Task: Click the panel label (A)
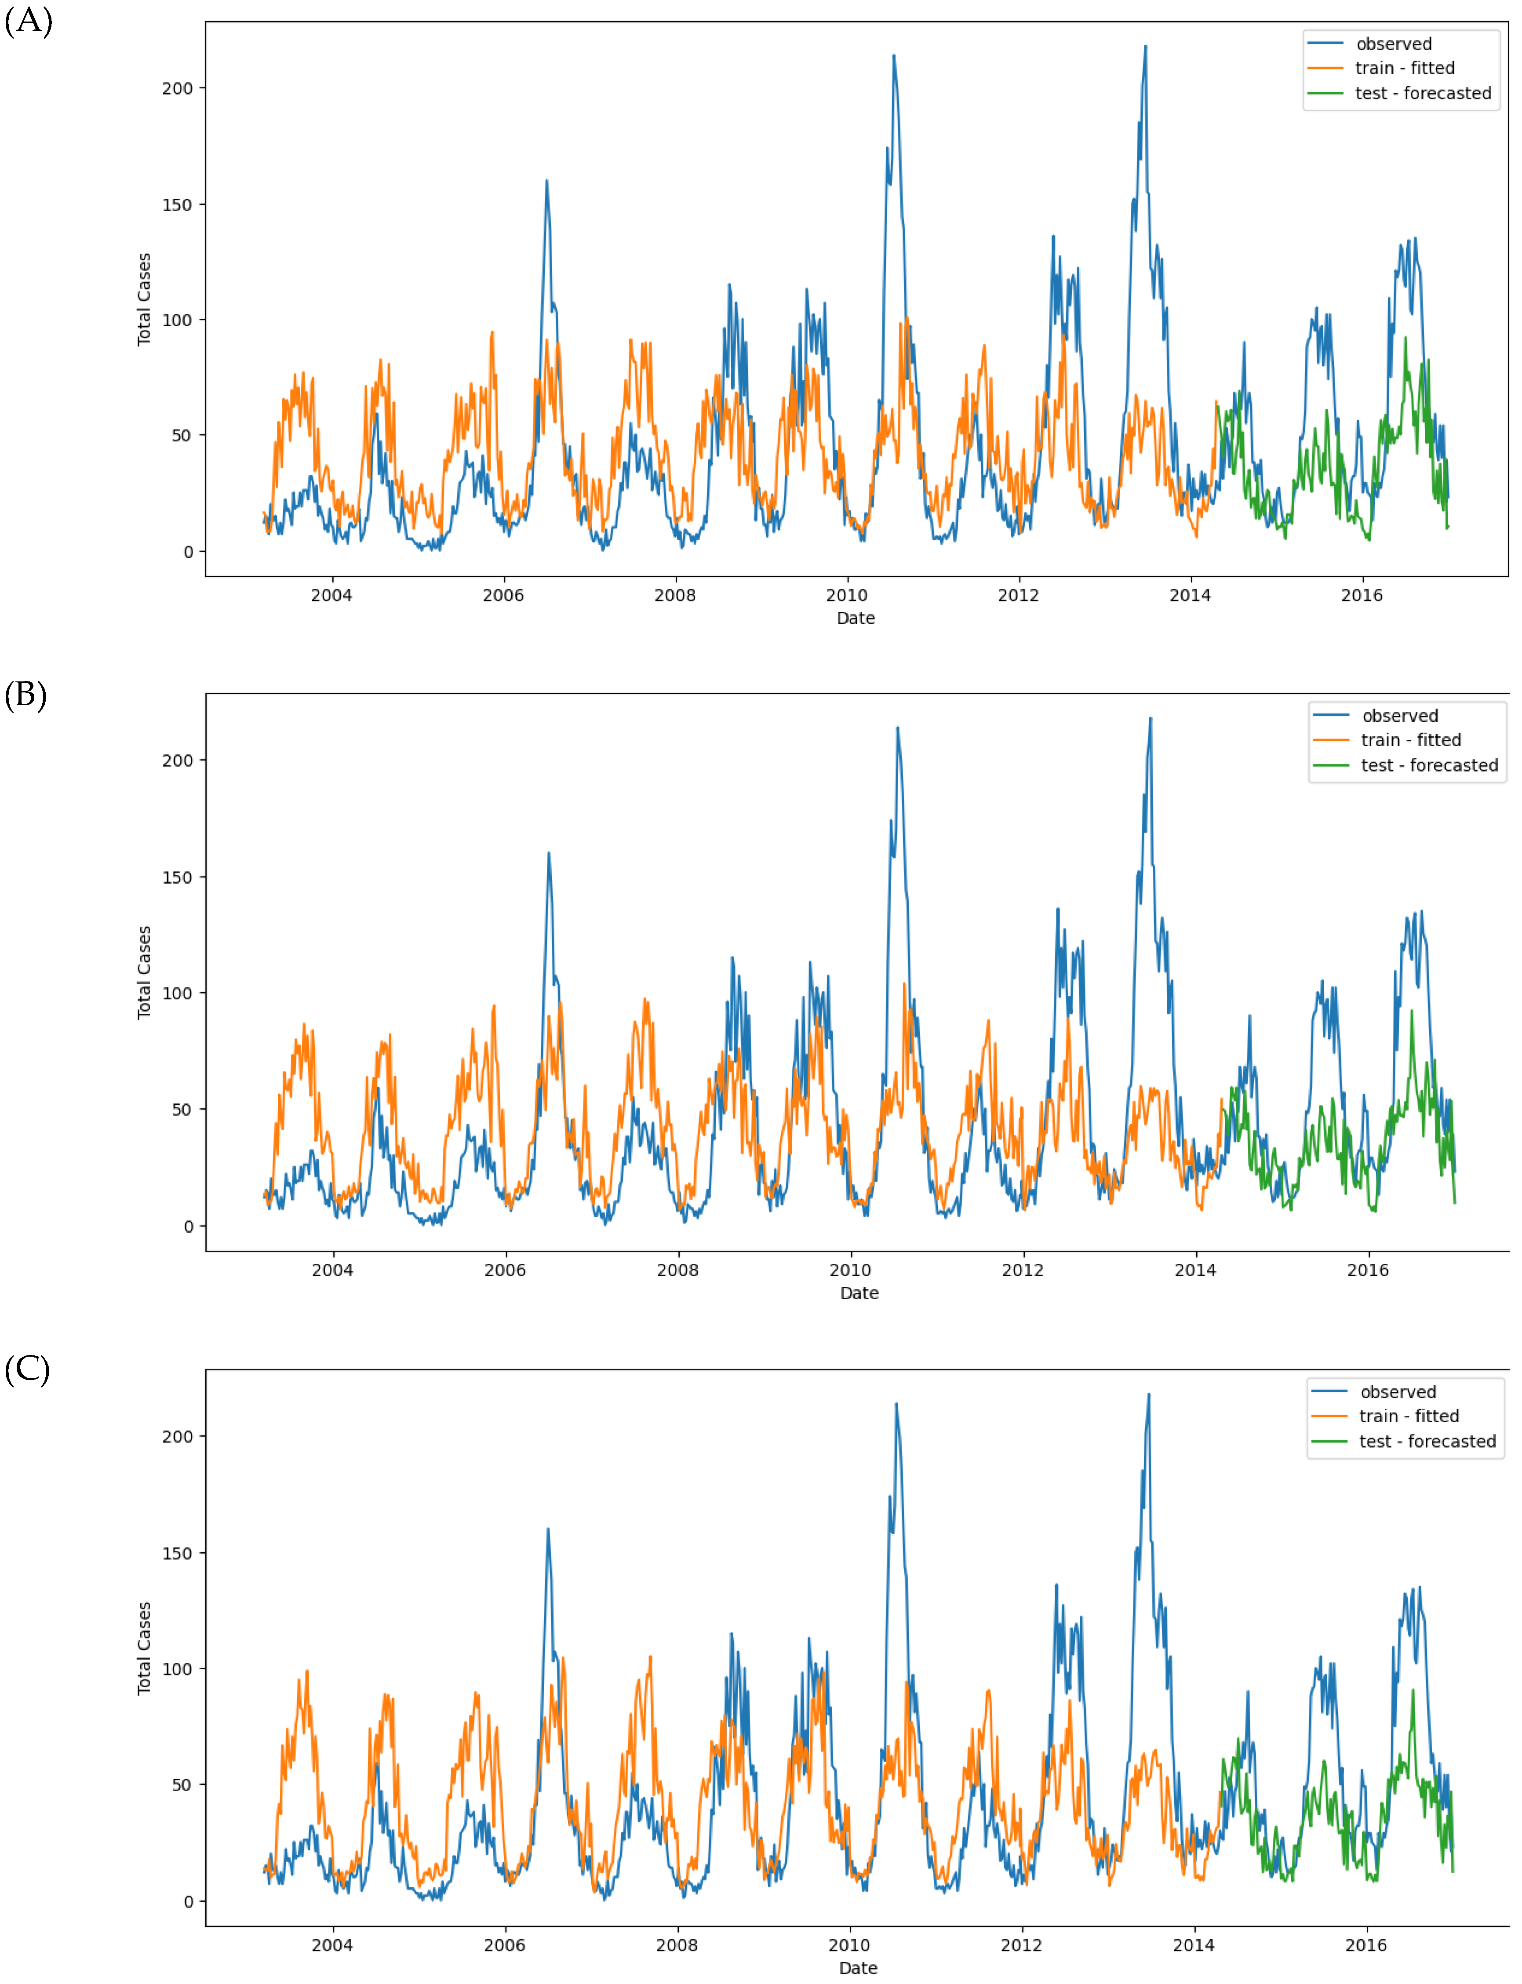click(28, 20)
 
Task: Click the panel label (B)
click(25, 695)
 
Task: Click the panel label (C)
click(27, 1369)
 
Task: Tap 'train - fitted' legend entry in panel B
click(1411, 740)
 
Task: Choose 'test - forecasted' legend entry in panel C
click(1427, 1442)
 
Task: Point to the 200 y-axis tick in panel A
click(178, 89)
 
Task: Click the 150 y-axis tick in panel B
click(178, 877)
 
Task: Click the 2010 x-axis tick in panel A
click(847, 595)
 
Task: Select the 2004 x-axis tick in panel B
click(332, 1270)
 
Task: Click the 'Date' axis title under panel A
click(855, 618)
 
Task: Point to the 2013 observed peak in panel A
click(1145, 47)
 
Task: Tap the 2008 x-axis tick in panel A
click(675, 595)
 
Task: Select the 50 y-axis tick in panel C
click(182, 1785)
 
